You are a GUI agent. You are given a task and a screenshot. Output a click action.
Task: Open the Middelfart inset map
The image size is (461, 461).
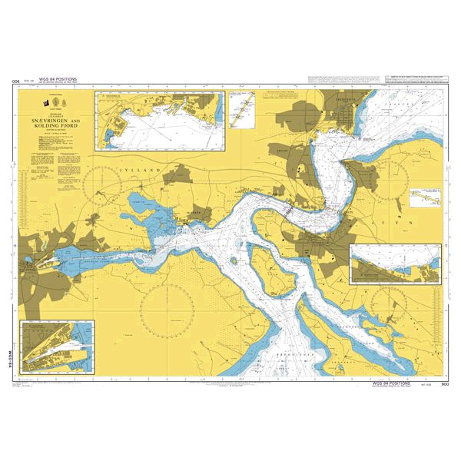tap(396, 264)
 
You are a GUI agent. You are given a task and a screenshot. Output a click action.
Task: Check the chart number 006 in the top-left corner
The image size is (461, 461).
tap(15, 81)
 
